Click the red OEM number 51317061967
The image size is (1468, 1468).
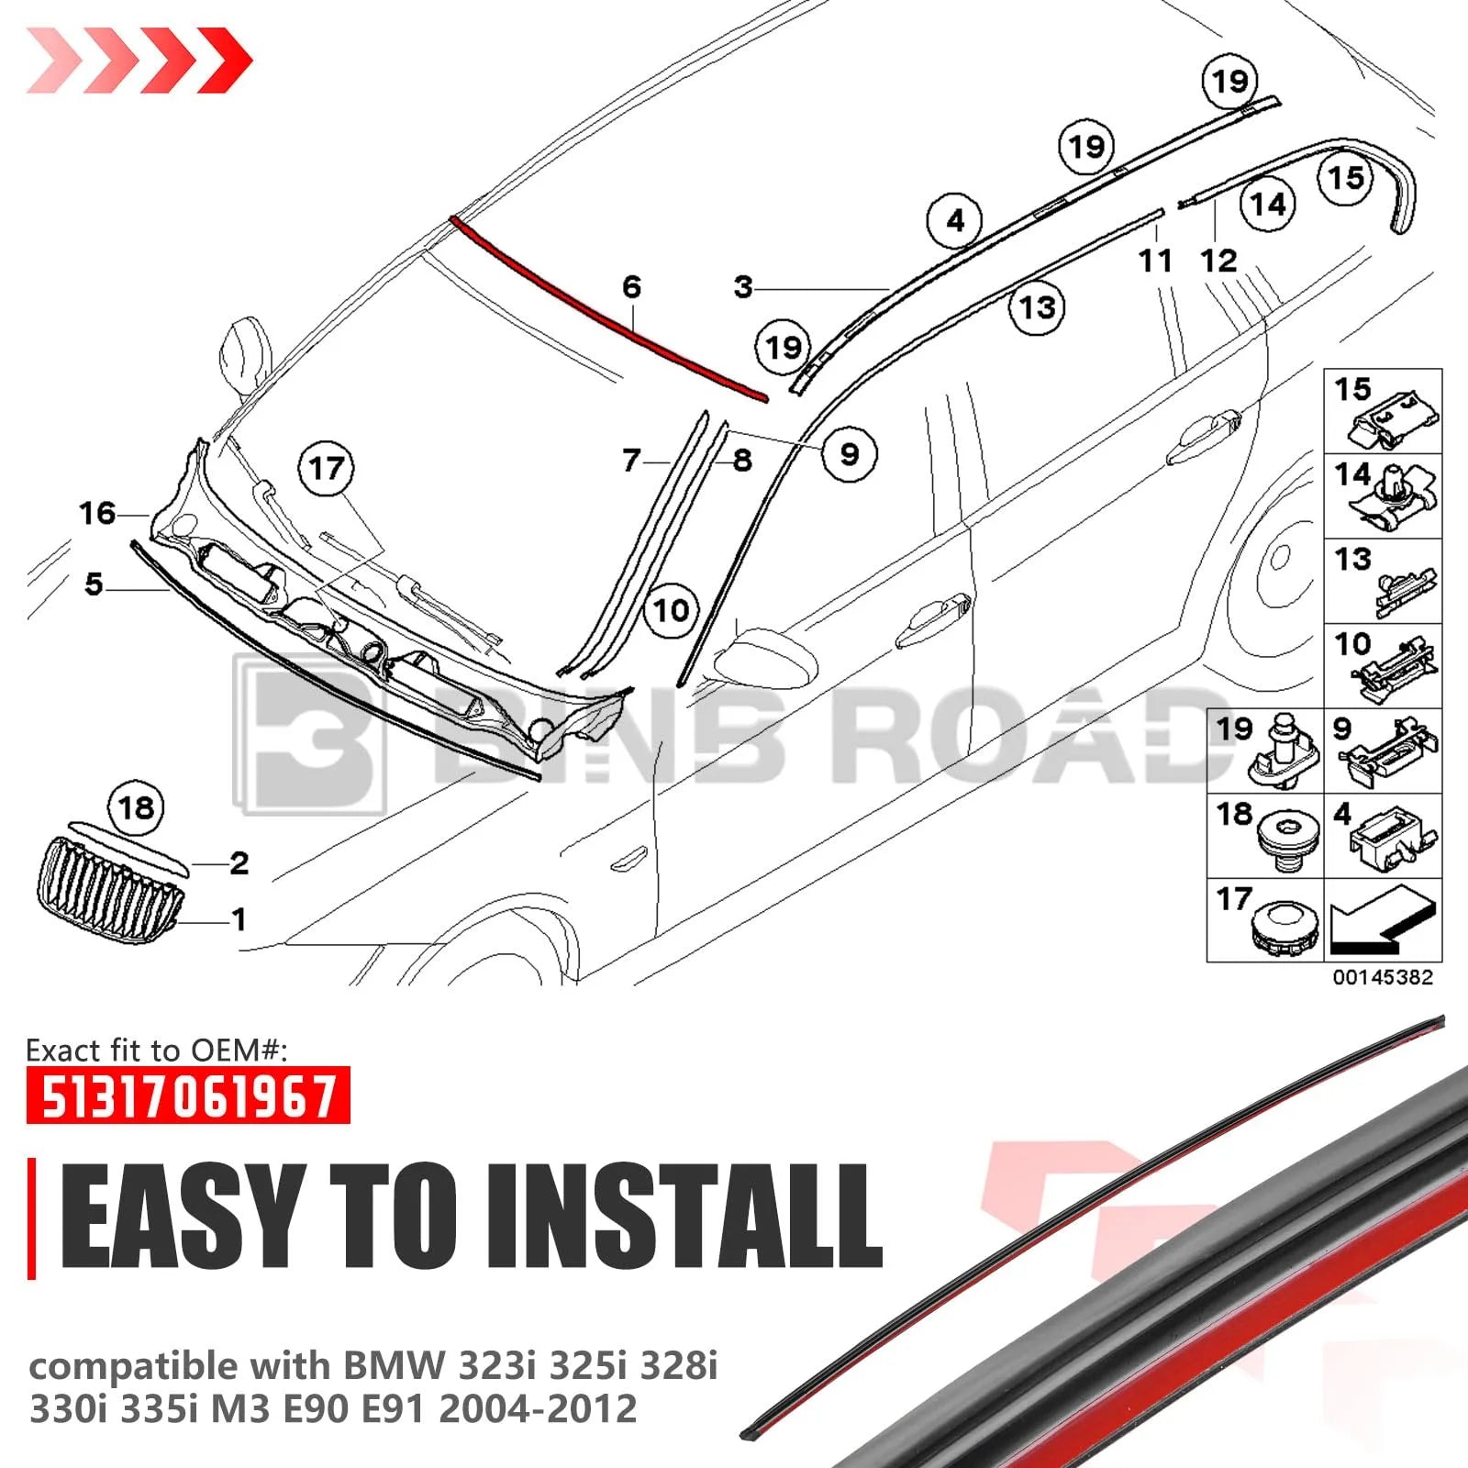(x=188, y=1095)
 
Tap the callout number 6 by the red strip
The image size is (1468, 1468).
(x=631, y=287)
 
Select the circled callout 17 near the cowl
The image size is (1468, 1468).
(x=327, y=469)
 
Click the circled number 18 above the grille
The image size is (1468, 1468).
(x=137, y=808)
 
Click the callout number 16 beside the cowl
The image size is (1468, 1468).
(x=97, y=513)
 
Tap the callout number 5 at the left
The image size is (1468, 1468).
(x=94, y=584)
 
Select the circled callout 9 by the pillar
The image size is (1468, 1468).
(x=850, y=453)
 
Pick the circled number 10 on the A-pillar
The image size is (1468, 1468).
(x=671, y=610)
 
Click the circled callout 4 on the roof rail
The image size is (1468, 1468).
(x=955, y=221)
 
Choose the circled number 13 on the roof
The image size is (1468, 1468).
(x=1038, y=307)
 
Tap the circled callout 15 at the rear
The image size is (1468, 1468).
(x=1346, y=177)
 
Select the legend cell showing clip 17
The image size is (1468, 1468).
(x=1265, y=920)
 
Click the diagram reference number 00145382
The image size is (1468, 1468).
(x=1383, y=977)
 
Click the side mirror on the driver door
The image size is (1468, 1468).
(x=766, y=657)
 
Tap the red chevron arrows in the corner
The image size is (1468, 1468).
(x=139, y=61)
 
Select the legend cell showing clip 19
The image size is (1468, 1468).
(x=1265, y=751)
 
